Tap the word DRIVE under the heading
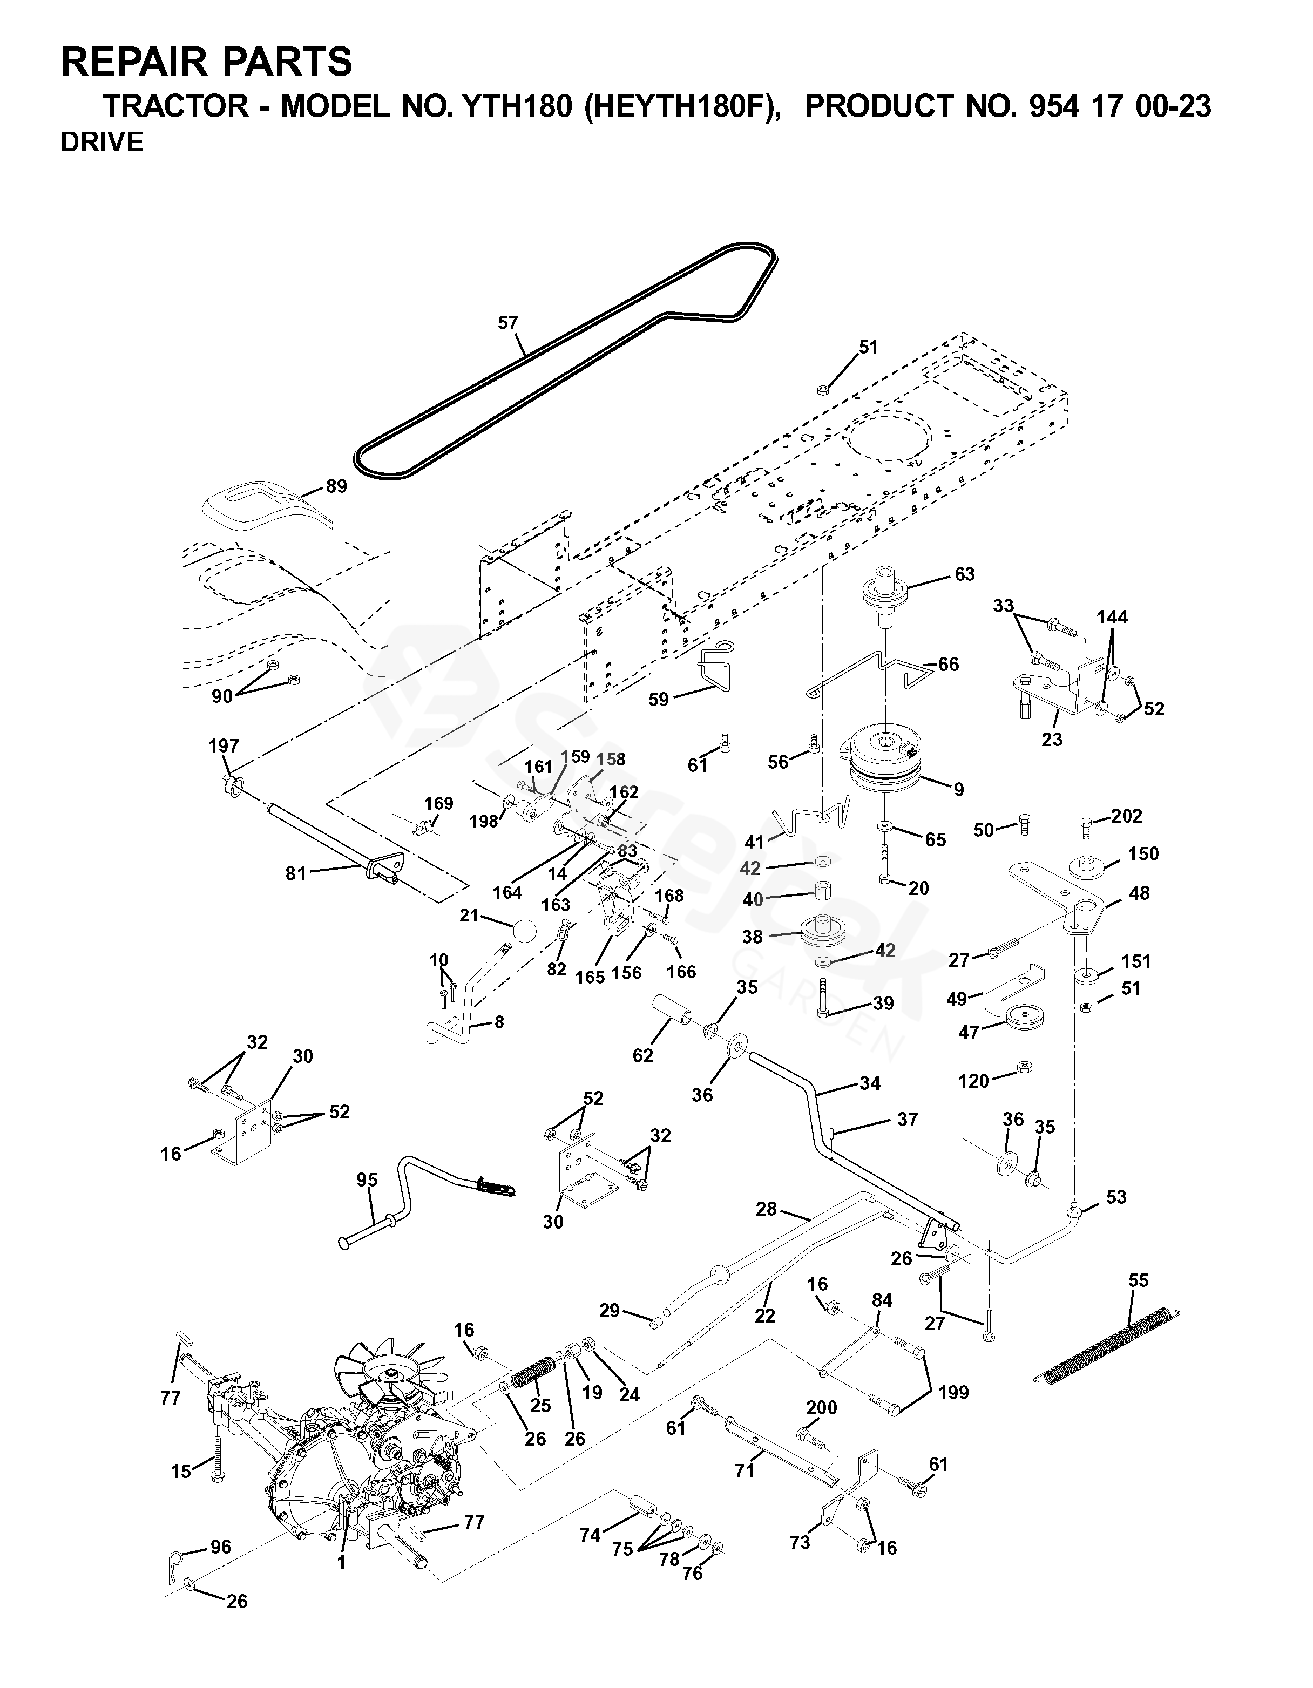[102, 143]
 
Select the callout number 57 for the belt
[507, 323]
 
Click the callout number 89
[336, 486]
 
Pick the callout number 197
[224, 747]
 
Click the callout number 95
[367, 1180]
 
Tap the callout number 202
[1126, 816]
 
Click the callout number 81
[296, 873]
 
